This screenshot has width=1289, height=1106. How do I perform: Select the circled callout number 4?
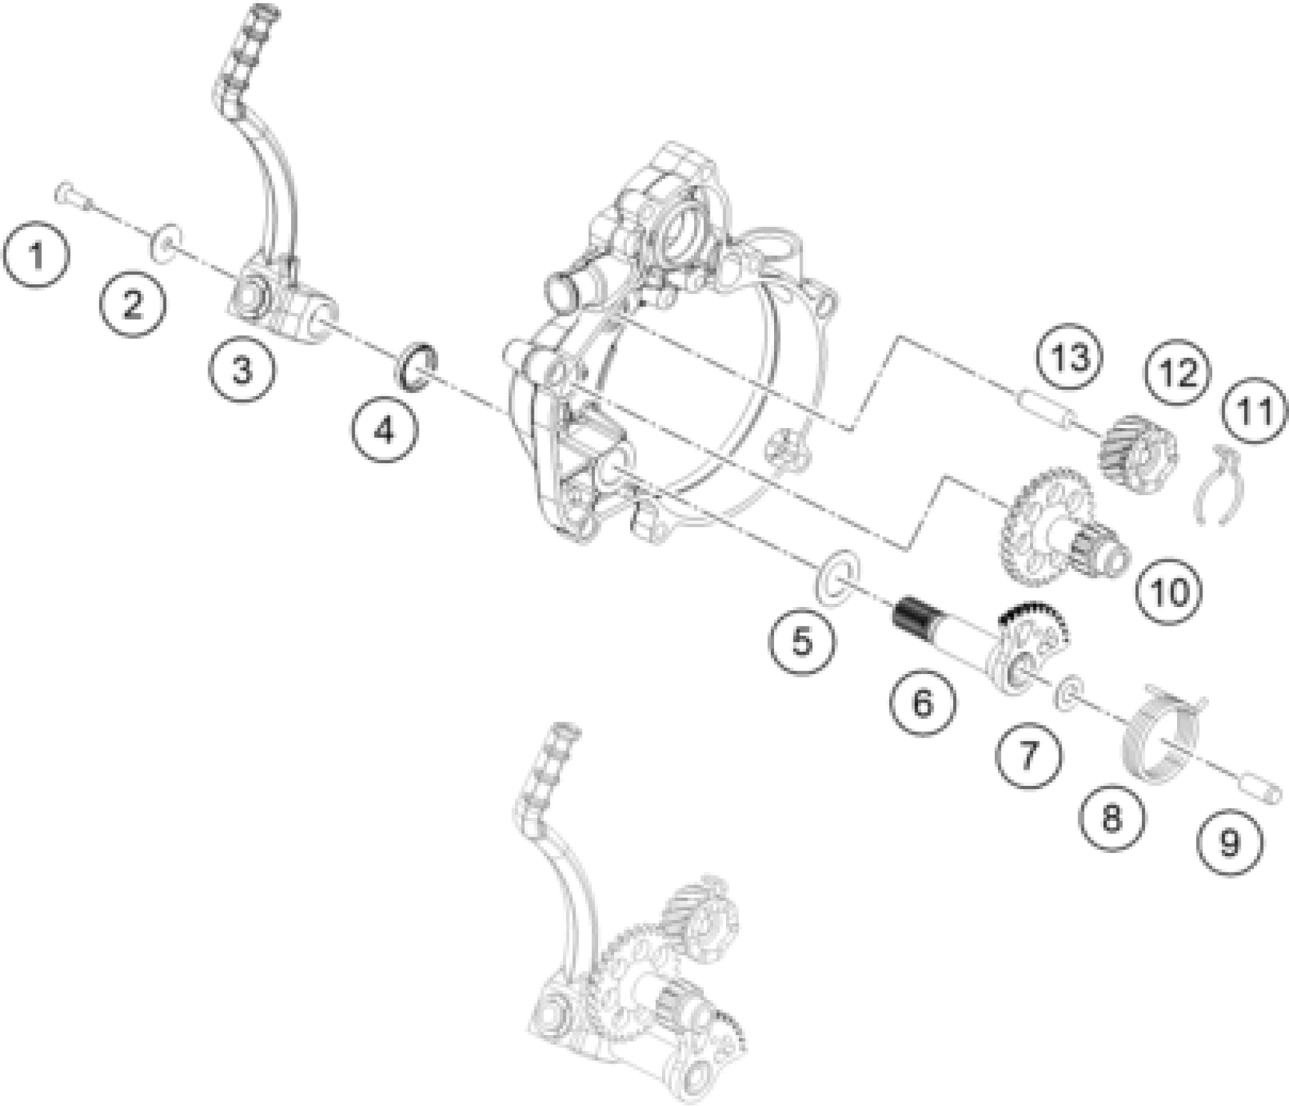(385, 429)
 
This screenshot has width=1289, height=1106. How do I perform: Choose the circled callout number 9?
(1229, 843)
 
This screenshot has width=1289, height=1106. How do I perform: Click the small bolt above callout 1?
(72, 196)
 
